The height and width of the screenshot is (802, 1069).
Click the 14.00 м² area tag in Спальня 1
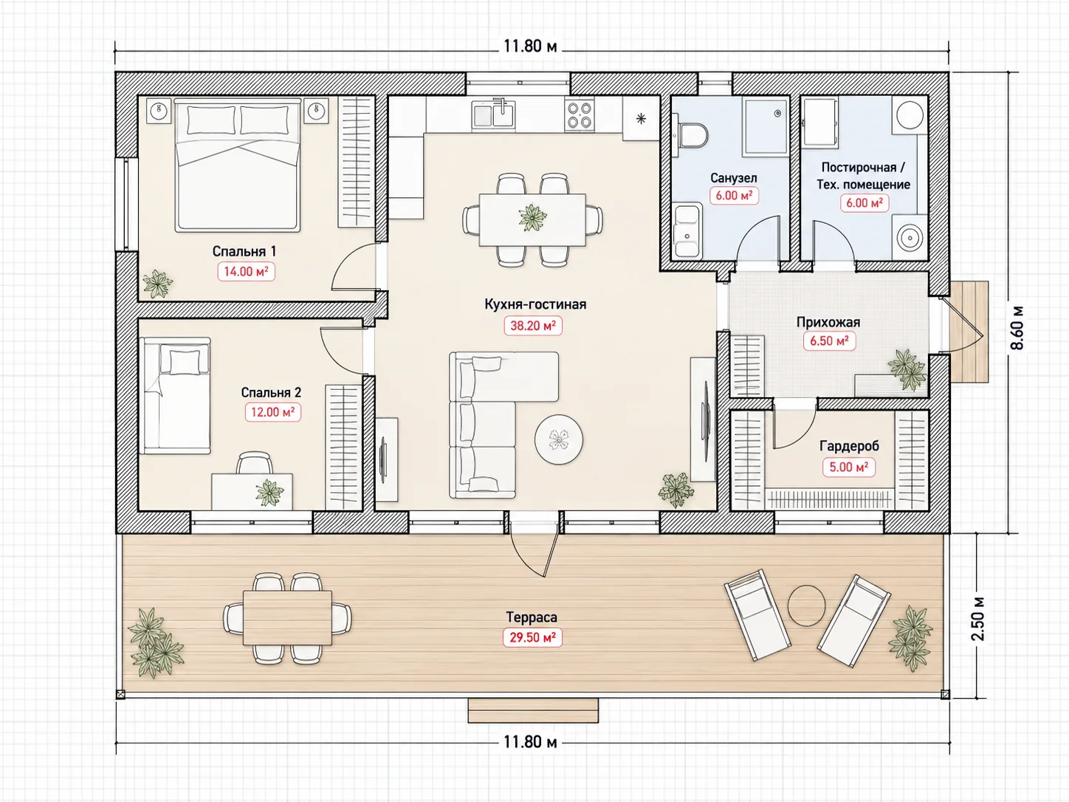click(x=246, y=271)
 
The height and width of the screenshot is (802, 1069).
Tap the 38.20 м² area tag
click(x=533, y=325)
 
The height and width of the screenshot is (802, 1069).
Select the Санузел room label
click(x=733, y=178)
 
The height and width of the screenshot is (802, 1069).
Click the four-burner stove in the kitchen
click(x=580, y=115)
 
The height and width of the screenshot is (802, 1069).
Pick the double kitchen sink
click(x=493, y=115)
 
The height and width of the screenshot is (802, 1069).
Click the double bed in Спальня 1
click(x=237, y=164)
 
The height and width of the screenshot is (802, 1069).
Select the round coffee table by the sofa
click(x=559, y=439)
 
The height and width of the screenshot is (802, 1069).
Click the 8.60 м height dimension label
click(x=1017, y=328)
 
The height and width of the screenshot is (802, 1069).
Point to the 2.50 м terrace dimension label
click(x=978, y=618)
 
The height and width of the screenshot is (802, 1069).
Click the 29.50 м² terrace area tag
click(x=532, y=637)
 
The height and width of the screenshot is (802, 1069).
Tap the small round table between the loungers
click(x=806, y=606)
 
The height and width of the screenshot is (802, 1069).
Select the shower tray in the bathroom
click(x=766, y=126)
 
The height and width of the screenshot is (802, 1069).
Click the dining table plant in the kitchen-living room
click(x=533, y=218)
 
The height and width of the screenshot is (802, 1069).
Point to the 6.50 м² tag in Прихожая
click(x=829, y=341)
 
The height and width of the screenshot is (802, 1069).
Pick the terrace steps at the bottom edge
click(x=533, y=710)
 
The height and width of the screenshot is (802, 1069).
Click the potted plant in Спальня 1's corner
click(x=157, y=283)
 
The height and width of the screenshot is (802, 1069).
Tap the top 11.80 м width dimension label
click(x=530, y=47)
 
